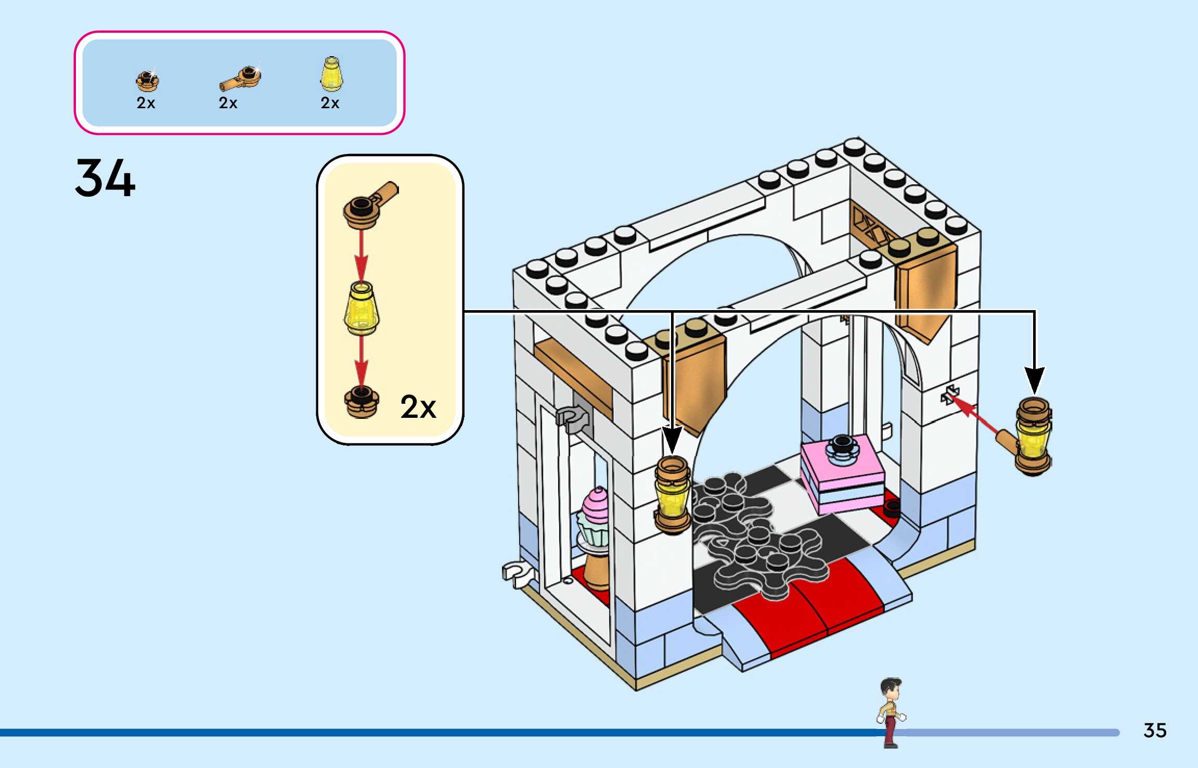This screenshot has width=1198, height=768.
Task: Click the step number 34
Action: tap(105, 178)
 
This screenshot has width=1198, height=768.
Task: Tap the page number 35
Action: tap(1155, 731)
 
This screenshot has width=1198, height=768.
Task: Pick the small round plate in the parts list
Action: tap(147, 81)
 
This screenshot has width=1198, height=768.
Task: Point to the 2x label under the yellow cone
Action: tap(330, 103)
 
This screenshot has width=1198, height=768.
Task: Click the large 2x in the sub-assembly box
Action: tap(418, 407)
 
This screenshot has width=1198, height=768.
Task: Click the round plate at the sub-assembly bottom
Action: tap(362, 402)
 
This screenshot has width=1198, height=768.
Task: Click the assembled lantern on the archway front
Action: tap(673, 494)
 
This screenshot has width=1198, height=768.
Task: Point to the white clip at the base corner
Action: tap(517, 573)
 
